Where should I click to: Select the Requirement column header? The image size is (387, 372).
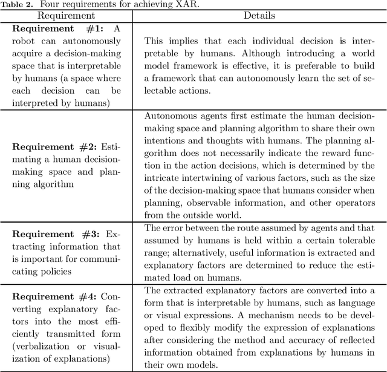[66, 16]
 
